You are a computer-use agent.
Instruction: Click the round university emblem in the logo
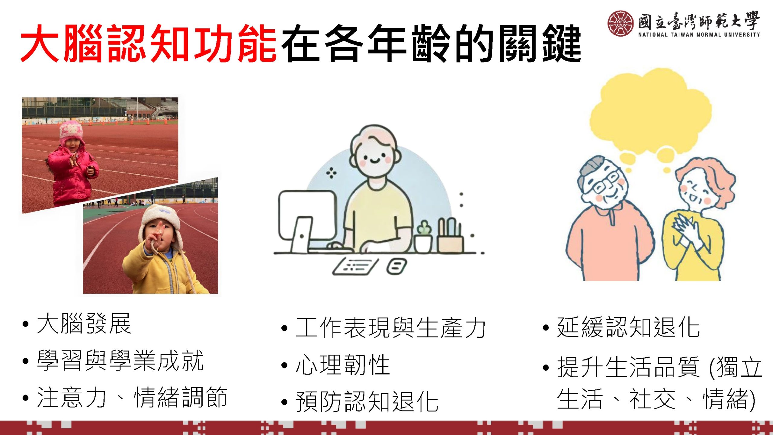[621, 23]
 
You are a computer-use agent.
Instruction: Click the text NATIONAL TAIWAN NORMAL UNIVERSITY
[699, 34]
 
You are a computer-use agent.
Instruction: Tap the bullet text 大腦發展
[84, 324]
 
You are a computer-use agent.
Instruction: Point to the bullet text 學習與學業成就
[120, 361]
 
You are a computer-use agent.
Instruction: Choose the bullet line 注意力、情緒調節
[132, 398]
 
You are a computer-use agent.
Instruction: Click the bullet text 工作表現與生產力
[391, 328]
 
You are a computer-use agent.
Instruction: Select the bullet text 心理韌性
[343, 365]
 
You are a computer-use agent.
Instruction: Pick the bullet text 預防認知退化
[367, 401]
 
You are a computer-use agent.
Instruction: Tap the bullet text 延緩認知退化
[628, 327]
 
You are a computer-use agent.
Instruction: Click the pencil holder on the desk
[450, 236]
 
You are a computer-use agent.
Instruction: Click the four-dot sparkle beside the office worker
[331, 173]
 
